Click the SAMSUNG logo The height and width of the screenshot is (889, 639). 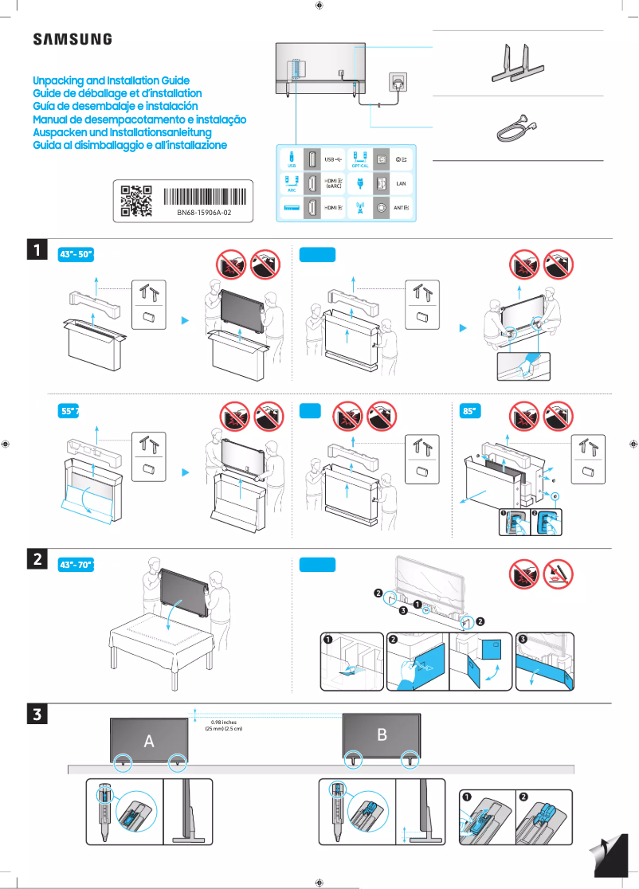(72, 39)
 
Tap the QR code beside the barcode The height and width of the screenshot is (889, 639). (135, 201)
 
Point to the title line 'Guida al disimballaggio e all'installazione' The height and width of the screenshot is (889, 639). (130, 145)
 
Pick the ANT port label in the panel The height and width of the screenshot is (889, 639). (402, 209)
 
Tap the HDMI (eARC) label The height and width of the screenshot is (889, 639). (335, 183)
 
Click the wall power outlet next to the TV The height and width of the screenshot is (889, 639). (396, 82)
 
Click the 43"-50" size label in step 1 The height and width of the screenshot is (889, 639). (77, 255)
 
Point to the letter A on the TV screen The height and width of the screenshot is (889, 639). (148, 741)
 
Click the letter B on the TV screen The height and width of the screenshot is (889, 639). (382, 734)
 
